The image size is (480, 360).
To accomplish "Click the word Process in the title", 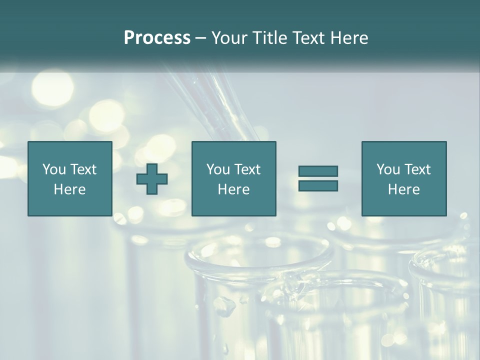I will pos(157,38).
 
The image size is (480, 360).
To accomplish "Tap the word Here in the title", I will pos(349,38).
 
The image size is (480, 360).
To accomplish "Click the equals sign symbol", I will pos(318,178).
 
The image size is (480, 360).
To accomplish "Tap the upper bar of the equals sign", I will pos(318,171).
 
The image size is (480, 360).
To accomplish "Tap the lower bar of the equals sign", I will pos(318,185).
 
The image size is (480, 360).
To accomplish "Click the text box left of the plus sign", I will pos(69,178).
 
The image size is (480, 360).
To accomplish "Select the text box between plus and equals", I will pos(234,178).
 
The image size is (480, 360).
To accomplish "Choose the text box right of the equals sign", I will pos(404,178).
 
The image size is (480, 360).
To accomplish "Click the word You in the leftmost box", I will pos(53,169).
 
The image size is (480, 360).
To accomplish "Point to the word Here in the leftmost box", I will pos(69,189).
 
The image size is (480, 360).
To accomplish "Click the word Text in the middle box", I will pos(247,169).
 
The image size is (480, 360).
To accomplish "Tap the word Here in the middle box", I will pos(234,189).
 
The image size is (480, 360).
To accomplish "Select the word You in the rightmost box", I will pos(388,169).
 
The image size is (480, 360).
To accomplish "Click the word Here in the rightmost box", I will pos(404,189).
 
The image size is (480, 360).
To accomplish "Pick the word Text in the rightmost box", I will pos(417,169).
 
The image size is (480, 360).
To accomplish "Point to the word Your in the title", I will pos(230,38).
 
